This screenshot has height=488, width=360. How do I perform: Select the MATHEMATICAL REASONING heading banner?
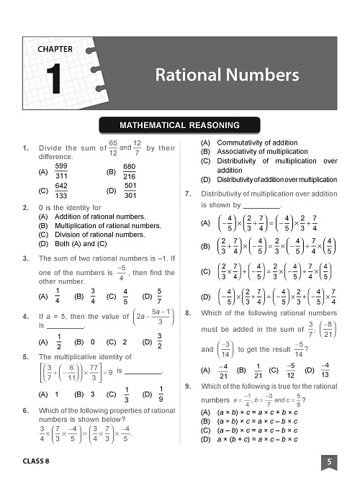[x=179, y=126]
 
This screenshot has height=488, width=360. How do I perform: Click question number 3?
[x=26, y=258]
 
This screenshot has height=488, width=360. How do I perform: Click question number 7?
[x=188, y=194]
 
